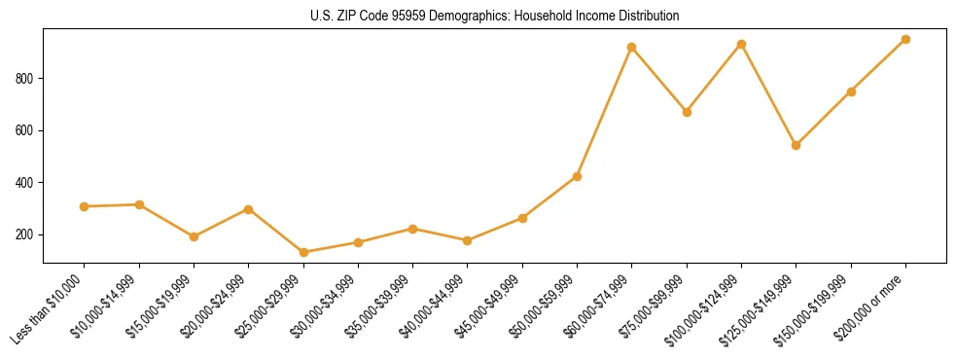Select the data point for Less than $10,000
click(85, 206)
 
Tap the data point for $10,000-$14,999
click(139, 204)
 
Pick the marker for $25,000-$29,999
click(303, 252)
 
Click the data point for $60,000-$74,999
click(632, 47)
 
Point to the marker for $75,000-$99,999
click(687, 112)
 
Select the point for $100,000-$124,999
click(741, 44)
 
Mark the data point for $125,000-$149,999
click(796, 145)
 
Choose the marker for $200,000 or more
click(905, 39)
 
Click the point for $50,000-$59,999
click(577, 176)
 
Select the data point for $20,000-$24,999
click(249, 209)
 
